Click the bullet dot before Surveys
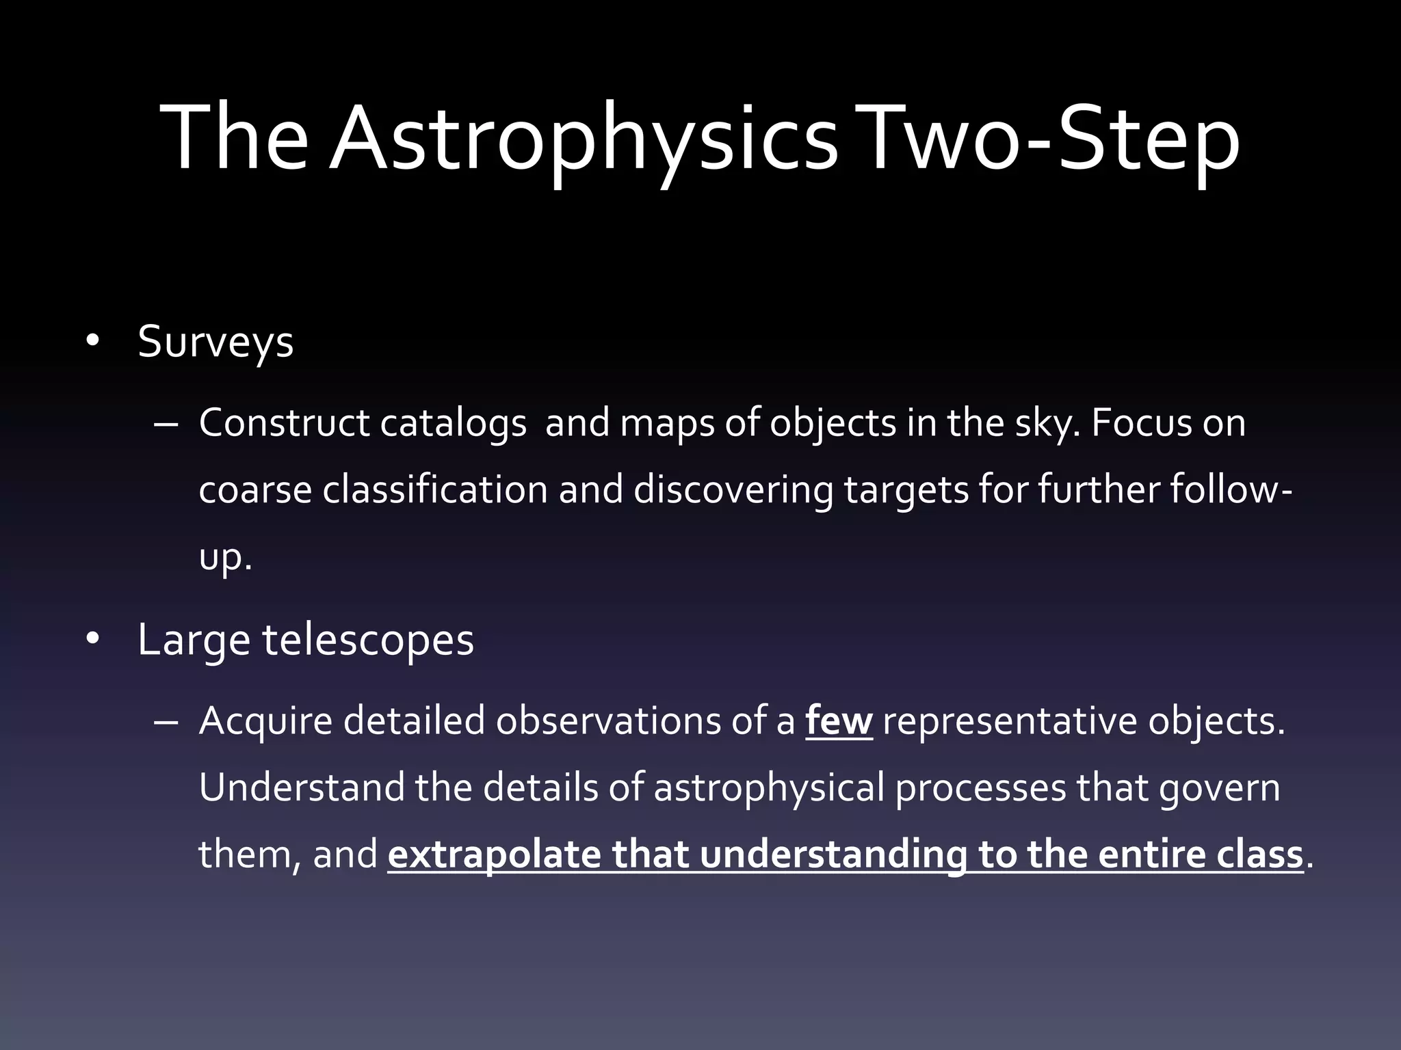(x=93, y=340)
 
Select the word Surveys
(x=215, y=342)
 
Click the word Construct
(x=284, y=423)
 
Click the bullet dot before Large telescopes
(x=93, y=639)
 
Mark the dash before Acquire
(x=166, y=722)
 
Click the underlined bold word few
(x=839, y=721)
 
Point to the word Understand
(x=301, y=787)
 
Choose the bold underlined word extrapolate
(x=494, y=855)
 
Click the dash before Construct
(x=166, y=424)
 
